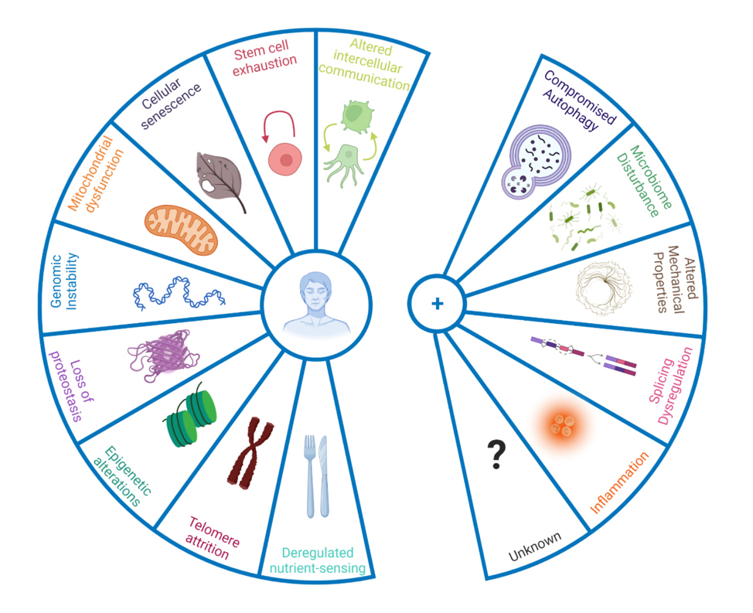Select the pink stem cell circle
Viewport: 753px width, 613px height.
286,159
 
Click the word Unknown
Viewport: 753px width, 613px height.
535,547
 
